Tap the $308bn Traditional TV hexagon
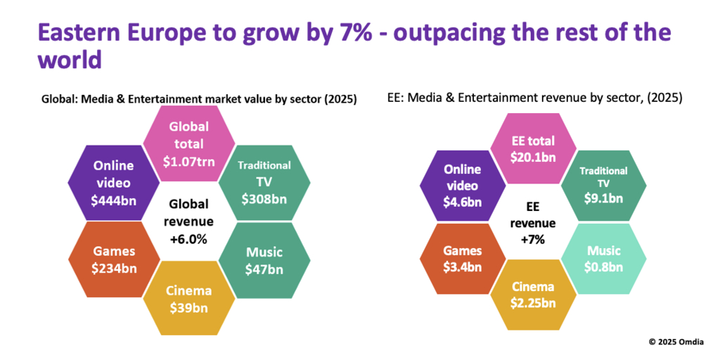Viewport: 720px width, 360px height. [x=263, y=182]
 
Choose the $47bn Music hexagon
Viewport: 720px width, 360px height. [x=264, y=260]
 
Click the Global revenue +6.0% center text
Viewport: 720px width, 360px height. [x=188, y=221]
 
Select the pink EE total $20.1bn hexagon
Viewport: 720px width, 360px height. [x=532, y=148]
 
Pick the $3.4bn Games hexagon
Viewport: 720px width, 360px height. [x=462, y=258]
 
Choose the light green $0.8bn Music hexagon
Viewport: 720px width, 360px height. [x=603, y=258]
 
